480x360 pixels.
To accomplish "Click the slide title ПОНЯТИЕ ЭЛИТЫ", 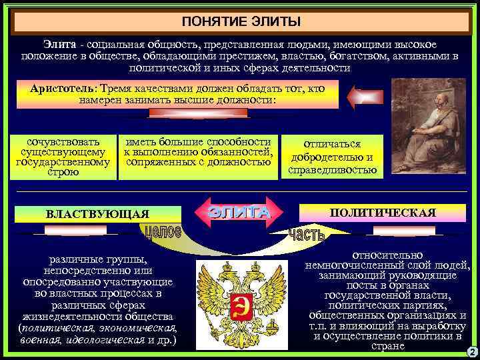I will coord(240,21).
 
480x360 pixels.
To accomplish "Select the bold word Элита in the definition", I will coord(59,43).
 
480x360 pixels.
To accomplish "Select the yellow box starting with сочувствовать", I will coord(62,157).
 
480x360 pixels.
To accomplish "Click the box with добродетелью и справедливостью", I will coord(332,157).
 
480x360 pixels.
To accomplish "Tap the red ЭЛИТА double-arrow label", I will coord(239,211).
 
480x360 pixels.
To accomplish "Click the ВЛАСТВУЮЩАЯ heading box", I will coord(97,213).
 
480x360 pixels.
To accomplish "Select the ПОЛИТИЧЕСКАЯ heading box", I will coord(383,213).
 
